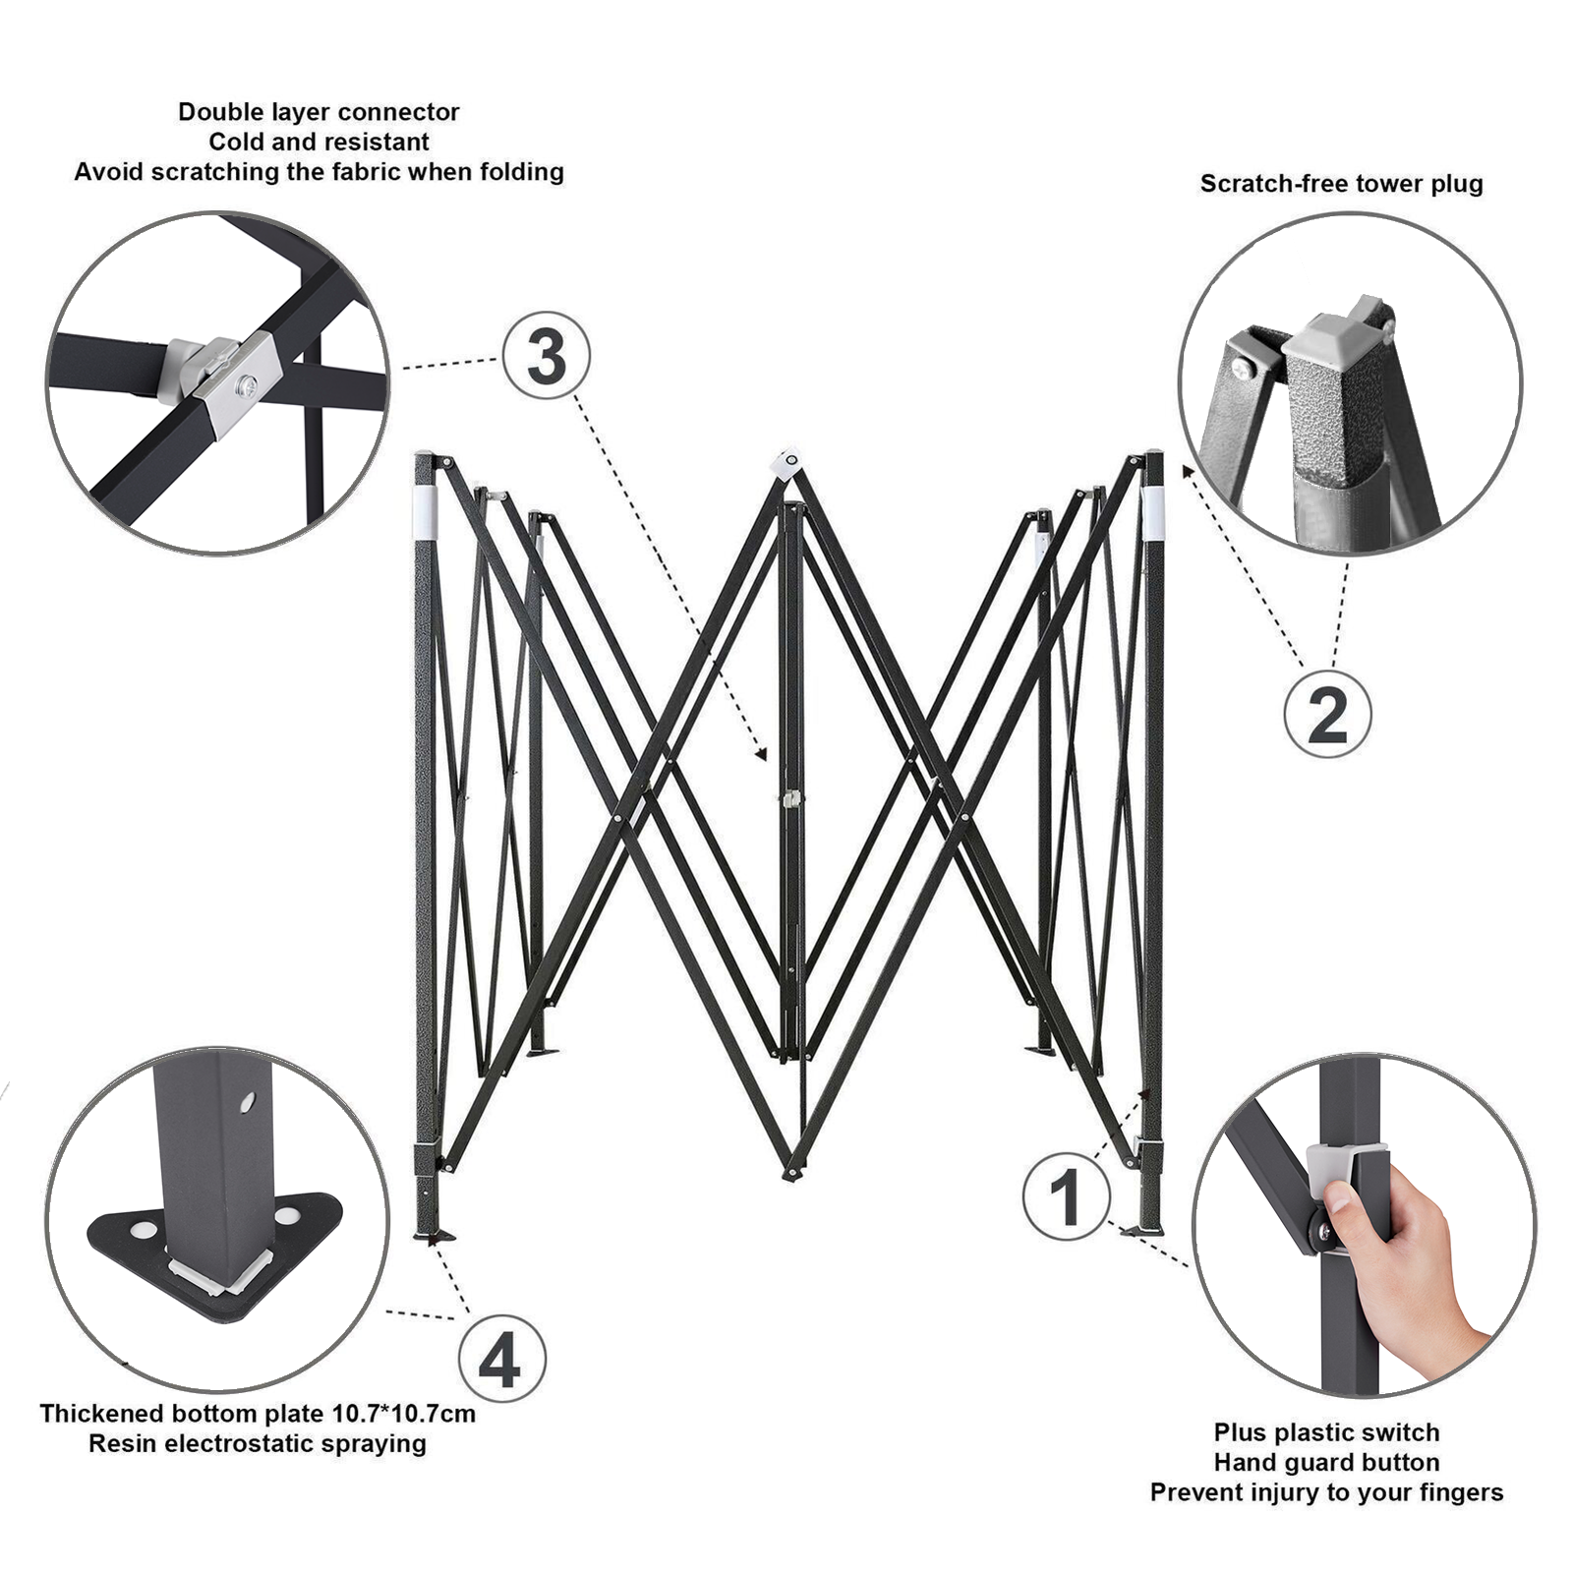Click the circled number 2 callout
coord(1327,715)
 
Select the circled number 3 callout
coord(547,355)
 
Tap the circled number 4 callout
coord(502,1361)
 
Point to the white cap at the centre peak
coord(788,463)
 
